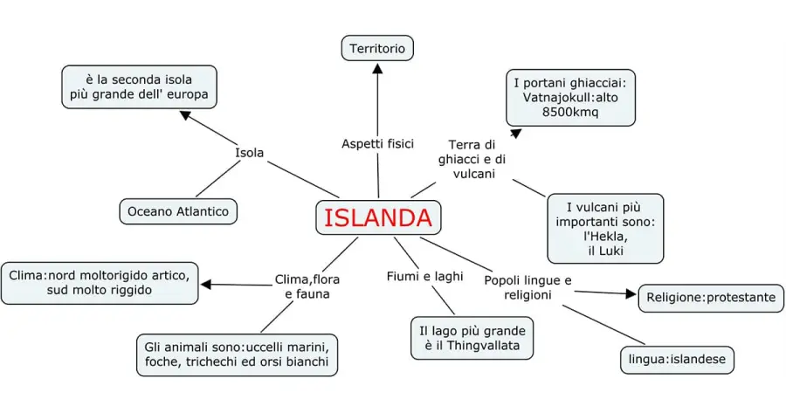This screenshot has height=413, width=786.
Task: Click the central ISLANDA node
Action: pyautogui.click(x=378, y=218)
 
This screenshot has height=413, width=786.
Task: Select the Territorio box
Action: pyautogui.click(x=377, y=49)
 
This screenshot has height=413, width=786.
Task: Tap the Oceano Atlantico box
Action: pyautogui.click(x=178, y=211)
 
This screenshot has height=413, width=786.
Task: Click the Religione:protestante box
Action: pyautogui.click(x=711, y=298)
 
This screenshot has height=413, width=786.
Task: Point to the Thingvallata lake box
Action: pyautogui.click(x=472, y=339)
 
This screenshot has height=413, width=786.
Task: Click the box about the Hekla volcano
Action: pyautogui.click(x=603, y=230)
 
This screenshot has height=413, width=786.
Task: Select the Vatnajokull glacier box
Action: pyautogui.click(x=570, y=98)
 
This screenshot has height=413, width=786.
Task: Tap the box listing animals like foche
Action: pyautogui.click(x=238, y=354)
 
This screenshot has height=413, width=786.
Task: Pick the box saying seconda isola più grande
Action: pyautogui.click(x=139, y=86)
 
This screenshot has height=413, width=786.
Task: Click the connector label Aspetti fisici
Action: pyautogui.click(x=377, y=143)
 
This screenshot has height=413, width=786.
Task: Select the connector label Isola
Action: pyautogui.click(x=249, y=154)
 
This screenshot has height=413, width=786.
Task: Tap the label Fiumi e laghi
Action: pyautogui.click(x=424, y=277)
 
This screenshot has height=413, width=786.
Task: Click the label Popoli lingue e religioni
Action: pyautogui.click(x=527, y=287)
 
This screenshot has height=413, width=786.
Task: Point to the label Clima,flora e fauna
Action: pyautogui.click(x=307, y=286)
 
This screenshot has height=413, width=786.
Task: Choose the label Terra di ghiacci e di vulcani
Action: pyautogui.click(x=472, y=159)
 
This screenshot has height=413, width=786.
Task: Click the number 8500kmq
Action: pyautogui.click(x=570, y=112)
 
